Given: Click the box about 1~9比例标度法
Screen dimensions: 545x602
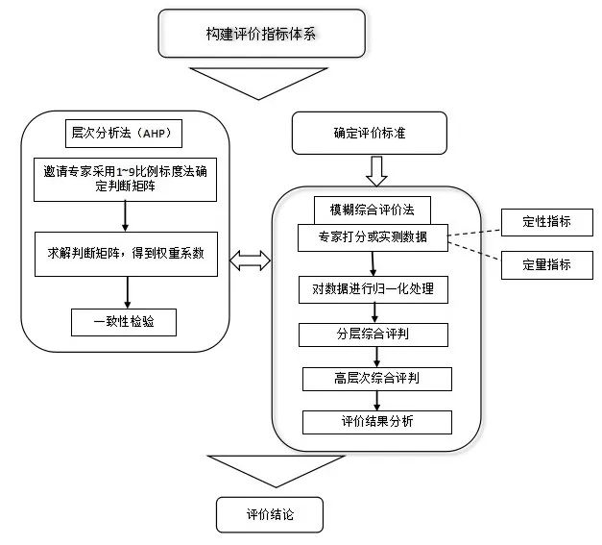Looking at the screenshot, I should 128,179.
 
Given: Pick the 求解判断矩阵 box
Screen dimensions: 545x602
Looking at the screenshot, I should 128,254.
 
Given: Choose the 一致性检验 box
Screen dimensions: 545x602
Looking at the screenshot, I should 125,322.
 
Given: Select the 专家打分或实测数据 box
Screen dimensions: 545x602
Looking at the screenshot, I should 373,236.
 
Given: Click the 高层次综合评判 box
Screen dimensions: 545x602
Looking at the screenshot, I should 374,379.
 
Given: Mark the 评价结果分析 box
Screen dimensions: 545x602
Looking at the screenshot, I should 375,421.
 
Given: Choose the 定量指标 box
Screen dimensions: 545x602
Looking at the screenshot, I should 545,264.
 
